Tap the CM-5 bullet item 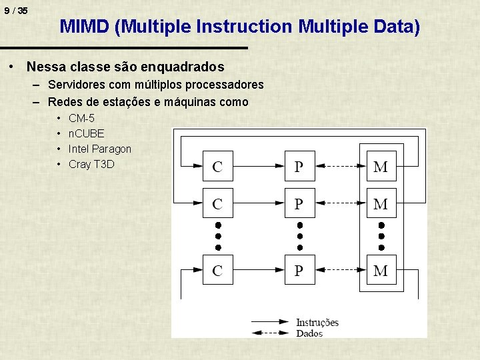pos(81,119)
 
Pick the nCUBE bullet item pos(86,133)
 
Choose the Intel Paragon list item pos(100,149)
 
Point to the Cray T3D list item pos(91,164)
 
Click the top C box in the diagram pos(217,166)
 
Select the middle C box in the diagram pos(217,203)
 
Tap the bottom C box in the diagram pos(217,270)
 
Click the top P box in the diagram pos(299,166)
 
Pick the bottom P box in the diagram pos(299,270)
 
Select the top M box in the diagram pos(381,166)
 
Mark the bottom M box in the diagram pos(381,270)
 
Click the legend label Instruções pos(317,323)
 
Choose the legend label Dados pos(309,333)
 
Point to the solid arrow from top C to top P pos(259,166)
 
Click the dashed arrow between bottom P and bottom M pos(340,270)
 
